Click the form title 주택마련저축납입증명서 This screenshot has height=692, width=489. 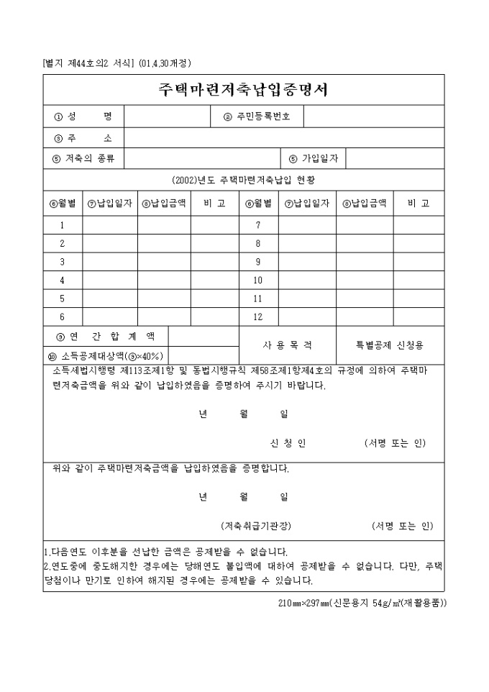pos(243,90)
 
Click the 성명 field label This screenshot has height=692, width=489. pos(83,116)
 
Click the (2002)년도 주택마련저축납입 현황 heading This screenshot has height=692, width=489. pos(243,178)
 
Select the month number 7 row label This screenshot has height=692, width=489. pos(258,225)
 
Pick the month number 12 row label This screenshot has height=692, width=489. pos(258,317)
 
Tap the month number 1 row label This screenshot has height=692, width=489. pos(63,225)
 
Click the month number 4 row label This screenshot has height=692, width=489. pos(63,280)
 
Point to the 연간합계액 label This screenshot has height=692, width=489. pos(105,336)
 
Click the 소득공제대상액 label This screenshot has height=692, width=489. pos(105,355)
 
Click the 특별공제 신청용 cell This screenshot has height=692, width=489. pos(390,345)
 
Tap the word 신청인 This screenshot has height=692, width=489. pos(287,443)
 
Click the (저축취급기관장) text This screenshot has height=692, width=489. pos(256,525)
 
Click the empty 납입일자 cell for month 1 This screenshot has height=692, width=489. pos(110,225)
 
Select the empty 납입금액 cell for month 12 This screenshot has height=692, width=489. pos(365,317)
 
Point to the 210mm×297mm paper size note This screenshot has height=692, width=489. pos(362,603)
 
